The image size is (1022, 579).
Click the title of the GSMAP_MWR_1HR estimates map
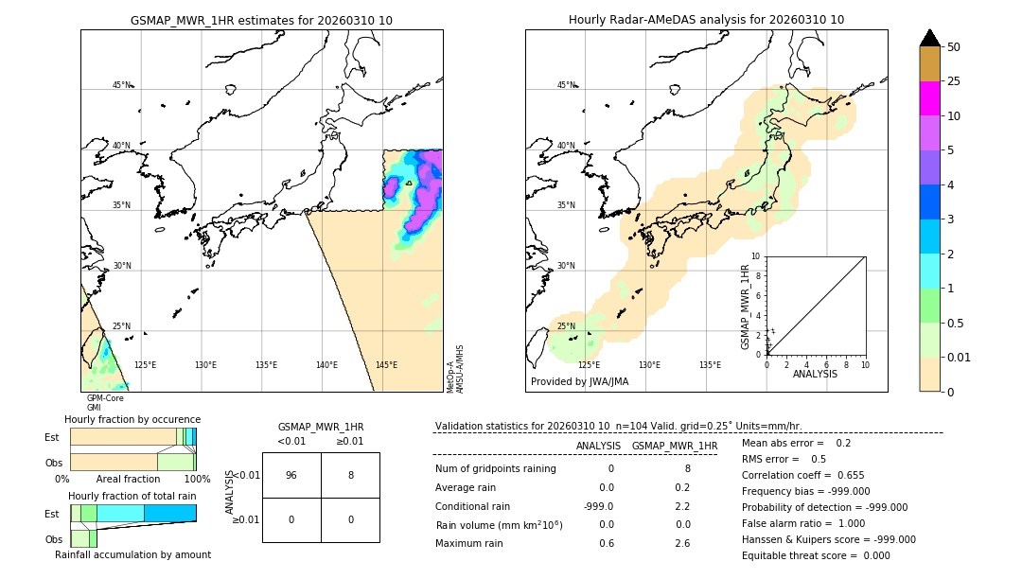coord(261,20)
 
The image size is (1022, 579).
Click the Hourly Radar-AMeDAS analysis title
coord(706,20)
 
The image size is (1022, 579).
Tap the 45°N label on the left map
coord(122,85)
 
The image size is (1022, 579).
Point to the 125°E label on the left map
coord(145,365)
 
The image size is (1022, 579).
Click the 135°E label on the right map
coord(710,365)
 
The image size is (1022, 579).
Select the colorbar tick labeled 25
coord(954,81)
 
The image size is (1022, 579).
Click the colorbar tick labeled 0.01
coord(960,357)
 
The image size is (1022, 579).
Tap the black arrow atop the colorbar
coord(929,38)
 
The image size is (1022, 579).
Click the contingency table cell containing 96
coord(291,475)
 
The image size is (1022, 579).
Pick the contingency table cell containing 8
coord(350,475)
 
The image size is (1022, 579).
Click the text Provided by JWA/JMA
coord(579,381)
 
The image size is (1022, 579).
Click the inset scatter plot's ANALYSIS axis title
coord(815,374)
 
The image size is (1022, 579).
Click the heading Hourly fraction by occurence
coord(132,419)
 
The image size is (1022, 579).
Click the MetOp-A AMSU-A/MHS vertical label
coord(454,368)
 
